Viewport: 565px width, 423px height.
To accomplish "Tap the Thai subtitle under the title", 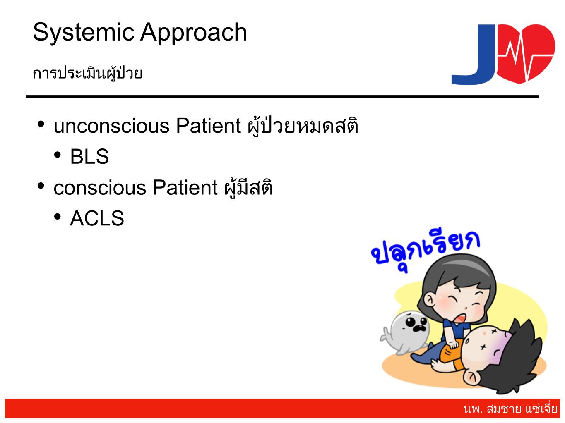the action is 87,73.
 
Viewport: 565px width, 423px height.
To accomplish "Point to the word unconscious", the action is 111,126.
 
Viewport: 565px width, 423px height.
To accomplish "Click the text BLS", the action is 89,156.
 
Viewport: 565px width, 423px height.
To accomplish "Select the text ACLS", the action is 97,218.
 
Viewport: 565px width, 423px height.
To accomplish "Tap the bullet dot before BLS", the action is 58,155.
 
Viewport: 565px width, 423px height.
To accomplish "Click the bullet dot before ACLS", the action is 58,217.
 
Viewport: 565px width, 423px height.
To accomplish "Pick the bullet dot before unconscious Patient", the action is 41,124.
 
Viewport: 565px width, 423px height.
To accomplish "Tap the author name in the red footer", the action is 510,409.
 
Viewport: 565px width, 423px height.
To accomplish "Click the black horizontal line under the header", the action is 282,97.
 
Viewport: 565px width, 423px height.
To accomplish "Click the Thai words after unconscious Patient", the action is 303,126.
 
